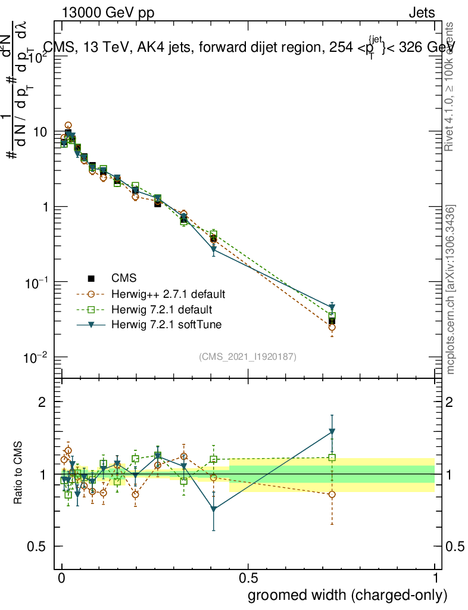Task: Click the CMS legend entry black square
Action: coord(91,278)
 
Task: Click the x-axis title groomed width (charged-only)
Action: coord(347,595)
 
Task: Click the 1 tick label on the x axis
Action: coord(435,578)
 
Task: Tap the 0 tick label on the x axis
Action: coord(62,578)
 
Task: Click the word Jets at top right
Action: coord(422,12)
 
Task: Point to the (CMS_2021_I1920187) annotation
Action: coord(248,356)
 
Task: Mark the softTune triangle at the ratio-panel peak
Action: coord(332,432)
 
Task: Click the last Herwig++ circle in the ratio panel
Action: coord(332,494)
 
